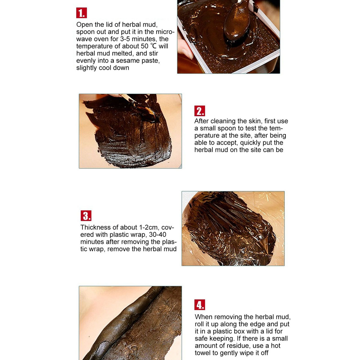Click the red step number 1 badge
coord(81,13)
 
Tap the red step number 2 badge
coord(199,111)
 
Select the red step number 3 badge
coord(86,216)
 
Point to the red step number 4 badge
coord(199,305)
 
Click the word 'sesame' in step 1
coord(127,60)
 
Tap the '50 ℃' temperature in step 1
coord(149,46)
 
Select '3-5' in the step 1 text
coord(125,39)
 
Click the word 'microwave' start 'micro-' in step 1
coord(165,32)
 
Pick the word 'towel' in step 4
coord(203,353)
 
